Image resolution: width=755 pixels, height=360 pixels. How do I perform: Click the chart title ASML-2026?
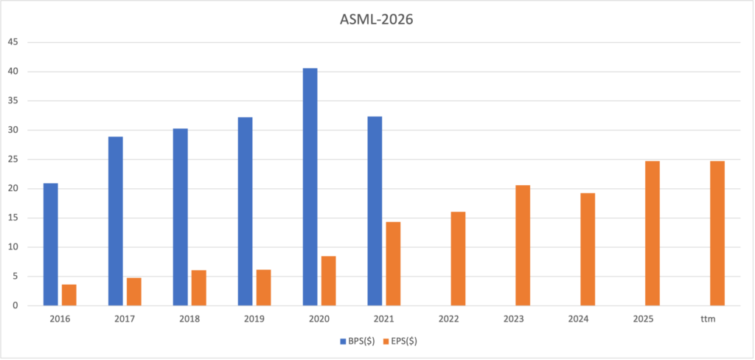pyautogui.click(x=377, y=21)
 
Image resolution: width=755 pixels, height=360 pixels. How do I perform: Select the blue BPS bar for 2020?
pyautogui.click(x=310, y=187)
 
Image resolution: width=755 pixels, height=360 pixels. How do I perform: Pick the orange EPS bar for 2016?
pyautogui.click(x=69, y=295)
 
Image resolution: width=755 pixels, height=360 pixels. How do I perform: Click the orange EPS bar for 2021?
pyautogui.click(x=394, y=263)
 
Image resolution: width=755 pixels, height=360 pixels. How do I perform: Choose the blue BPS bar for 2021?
pyautogui.click(x=375, y=211)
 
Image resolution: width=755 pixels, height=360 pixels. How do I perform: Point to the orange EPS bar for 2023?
pyautogui.click(x=523, y=246)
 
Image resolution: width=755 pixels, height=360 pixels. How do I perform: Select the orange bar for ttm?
pyautogui.click(x=717, y=233)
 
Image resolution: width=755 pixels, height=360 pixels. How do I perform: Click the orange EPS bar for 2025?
pyautogui.click(x=653, y=233)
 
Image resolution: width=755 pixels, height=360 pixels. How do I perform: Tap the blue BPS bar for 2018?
pyautogui.click(x=181, y=217)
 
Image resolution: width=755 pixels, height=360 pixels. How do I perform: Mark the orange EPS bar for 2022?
pyautogui.click(x=459, y=259)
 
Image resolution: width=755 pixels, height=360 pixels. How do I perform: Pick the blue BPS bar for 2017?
pyautogui.click(x=116, y=221)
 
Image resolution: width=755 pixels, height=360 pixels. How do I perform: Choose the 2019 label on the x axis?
pyautogui.click(x=254, y=319)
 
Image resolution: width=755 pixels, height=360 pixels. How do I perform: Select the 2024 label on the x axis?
pyautogui.click(x=578, y=319)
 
